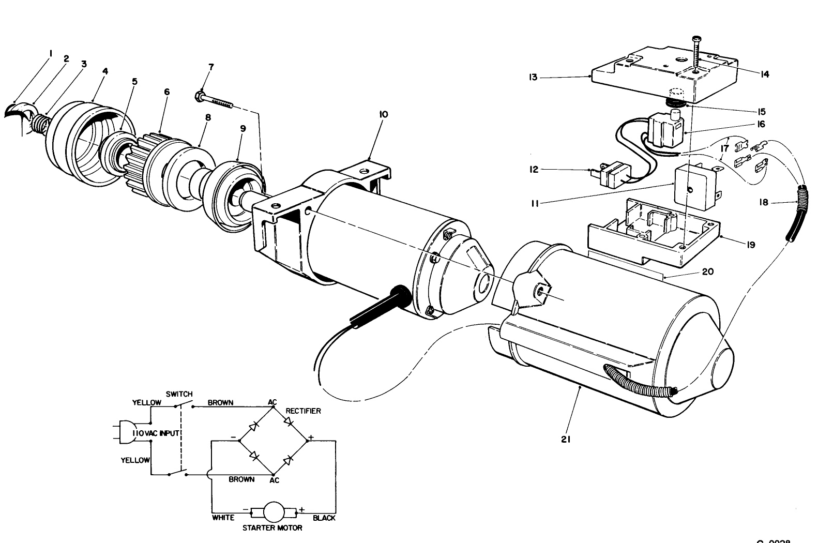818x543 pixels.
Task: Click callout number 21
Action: pos(565,440)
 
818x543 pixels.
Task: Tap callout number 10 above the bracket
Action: pos(383,114)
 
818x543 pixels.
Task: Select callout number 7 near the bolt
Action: pos(211,67)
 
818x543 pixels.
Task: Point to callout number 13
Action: pos(533,78)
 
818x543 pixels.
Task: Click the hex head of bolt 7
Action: pos(198,96)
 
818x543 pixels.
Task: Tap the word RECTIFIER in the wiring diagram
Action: pos(303,411)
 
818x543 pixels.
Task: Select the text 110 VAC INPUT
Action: pos(155,433)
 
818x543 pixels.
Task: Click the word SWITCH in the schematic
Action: pos(179,394)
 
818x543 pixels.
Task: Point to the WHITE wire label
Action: pos(223,518)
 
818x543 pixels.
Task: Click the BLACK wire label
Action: pos(324,518)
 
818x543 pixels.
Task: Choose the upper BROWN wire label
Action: pos(220,402)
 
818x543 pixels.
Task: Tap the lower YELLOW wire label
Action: pos(135,460)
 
